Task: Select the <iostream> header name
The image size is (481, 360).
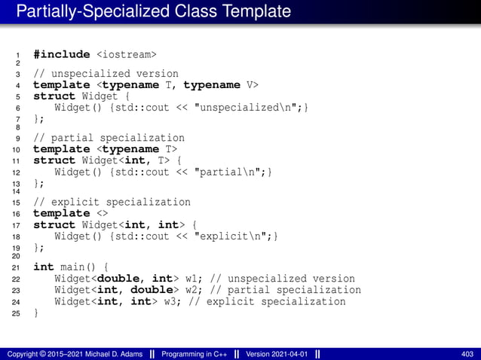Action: (126, 54)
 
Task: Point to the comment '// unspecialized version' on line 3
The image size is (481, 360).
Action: (106, 74)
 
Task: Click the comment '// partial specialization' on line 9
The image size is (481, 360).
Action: (109, 138)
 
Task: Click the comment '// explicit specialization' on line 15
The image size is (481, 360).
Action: (112, 202)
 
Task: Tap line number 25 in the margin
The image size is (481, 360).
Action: (16, 314)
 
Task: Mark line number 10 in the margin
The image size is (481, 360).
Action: (16, 150)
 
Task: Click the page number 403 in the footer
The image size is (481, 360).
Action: (467, 353)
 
